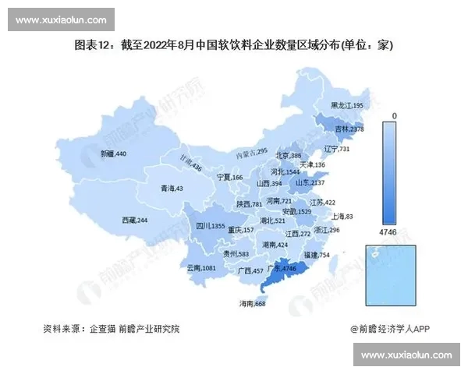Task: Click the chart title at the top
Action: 234,46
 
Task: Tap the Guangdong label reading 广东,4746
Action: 282,268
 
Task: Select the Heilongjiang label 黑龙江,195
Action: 347,105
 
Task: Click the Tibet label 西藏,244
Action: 135,221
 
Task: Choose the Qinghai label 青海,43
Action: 172,189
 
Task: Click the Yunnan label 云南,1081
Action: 202,268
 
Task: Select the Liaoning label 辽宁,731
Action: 336,149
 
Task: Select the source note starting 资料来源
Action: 111,330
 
